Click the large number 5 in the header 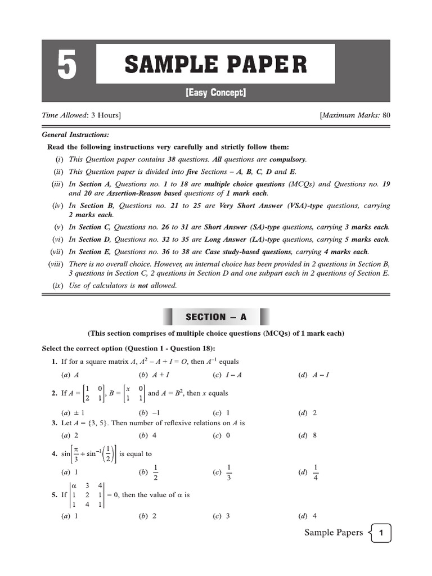pyautogui.click(x=67, y=66)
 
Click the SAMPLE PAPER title pyautogui.click(x=216, y=64)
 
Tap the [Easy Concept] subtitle pyautogui.click(x=216, y=93)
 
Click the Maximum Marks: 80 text pyautogui.click(x=355, y=115)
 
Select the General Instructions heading pyautogui.click(x=76, y=135)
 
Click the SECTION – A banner pyautogui.click(x=216, y=317)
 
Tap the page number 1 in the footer pyautogui.click(x=381, y=533)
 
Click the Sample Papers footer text pyautogui.click(x=334, y=533)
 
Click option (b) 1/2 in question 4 pyautogui.click(x=150, y=472)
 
